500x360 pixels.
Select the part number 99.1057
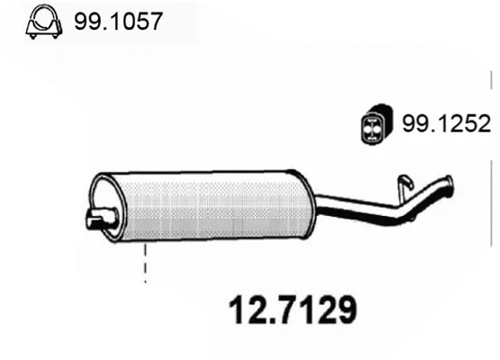[117, 21]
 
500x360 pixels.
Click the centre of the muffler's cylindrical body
[203, 204]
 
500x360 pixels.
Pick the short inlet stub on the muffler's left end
[99, 217]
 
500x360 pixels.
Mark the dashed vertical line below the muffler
[144, 265]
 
